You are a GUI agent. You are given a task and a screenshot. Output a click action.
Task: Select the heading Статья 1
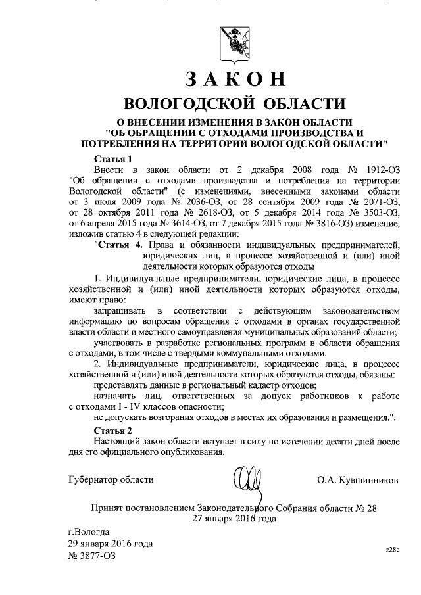pos(114,158)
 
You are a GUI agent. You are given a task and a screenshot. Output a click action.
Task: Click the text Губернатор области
pos(110,481)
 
